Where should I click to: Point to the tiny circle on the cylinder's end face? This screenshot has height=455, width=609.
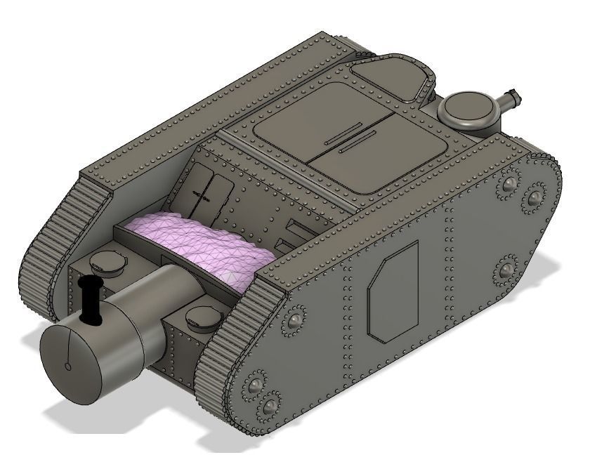click(x=67, y=366)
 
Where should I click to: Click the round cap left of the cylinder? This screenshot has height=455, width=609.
click(x=106, y=262)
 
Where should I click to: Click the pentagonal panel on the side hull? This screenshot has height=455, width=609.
click(x=393, y=291)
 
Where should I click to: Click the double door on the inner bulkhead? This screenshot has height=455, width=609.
click(x=210, y=190)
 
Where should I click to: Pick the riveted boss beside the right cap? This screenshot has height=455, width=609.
click(x=293, y=322)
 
